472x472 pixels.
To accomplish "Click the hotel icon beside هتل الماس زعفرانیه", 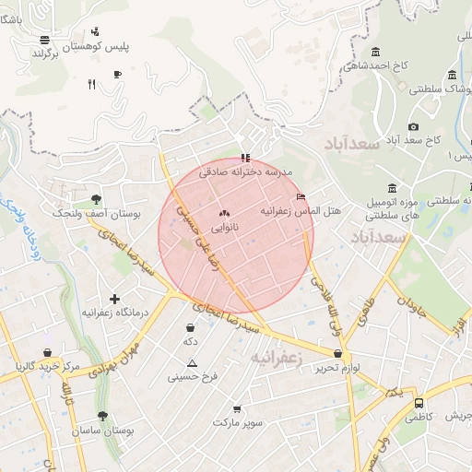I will tap(301, 196).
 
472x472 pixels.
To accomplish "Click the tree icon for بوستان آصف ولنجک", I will tap(96, 199).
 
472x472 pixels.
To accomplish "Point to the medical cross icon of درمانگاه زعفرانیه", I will tap(114, 299).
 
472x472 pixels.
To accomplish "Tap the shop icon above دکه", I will tap(190, 326).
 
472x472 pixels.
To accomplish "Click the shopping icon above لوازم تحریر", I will tap(338, 353).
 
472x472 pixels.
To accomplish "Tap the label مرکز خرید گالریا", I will tap(48, 366).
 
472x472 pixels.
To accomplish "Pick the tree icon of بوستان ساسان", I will tap(101, 416).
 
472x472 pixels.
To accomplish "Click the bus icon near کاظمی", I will tap(419, 403).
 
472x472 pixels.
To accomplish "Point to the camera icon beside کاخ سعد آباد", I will tap(413, 126).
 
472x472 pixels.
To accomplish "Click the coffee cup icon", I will tap(117, 74).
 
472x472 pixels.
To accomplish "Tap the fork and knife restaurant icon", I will tap(90, 85).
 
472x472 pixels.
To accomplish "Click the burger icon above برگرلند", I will tap(44, 40).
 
